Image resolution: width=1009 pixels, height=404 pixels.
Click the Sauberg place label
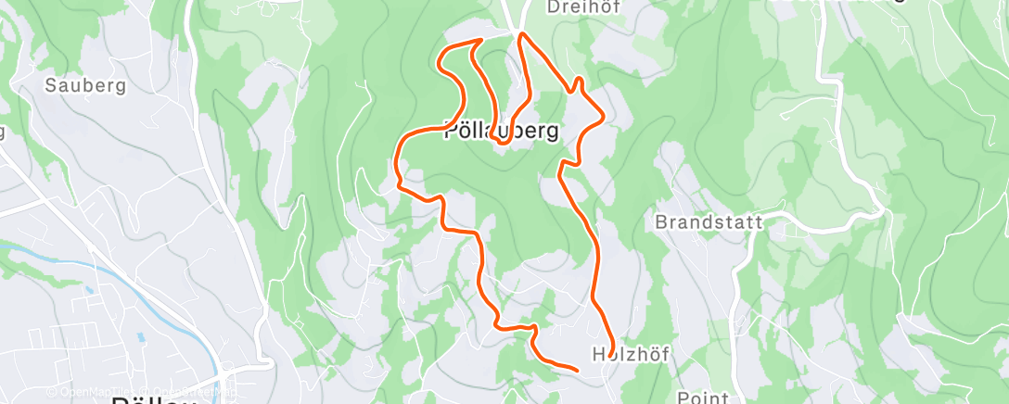click(x=85, y=85)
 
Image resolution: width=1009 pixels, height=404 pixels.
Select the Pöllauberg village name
click(x=502, y=132)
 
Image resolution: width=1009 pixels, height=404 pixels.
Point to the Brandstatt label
click(x=709, y=222)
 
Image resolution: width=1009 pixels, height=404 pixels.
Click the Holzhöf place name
click(x=631, y=353)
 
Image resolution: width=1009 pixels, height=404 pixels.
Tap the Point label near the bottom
click(x=703, y=397)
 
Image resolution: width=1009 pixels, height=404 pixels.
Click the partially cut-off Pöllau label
click(x=152, y=399)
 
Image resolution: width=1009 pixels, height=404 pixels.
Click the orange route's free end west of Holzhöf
click(x=577, y=371)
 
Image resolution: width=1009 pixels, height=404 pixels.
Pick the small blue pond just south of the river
click(x=90, y=290)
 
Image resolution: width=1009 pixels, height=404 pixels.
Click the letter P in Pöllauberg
click(x=451, y=132)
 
